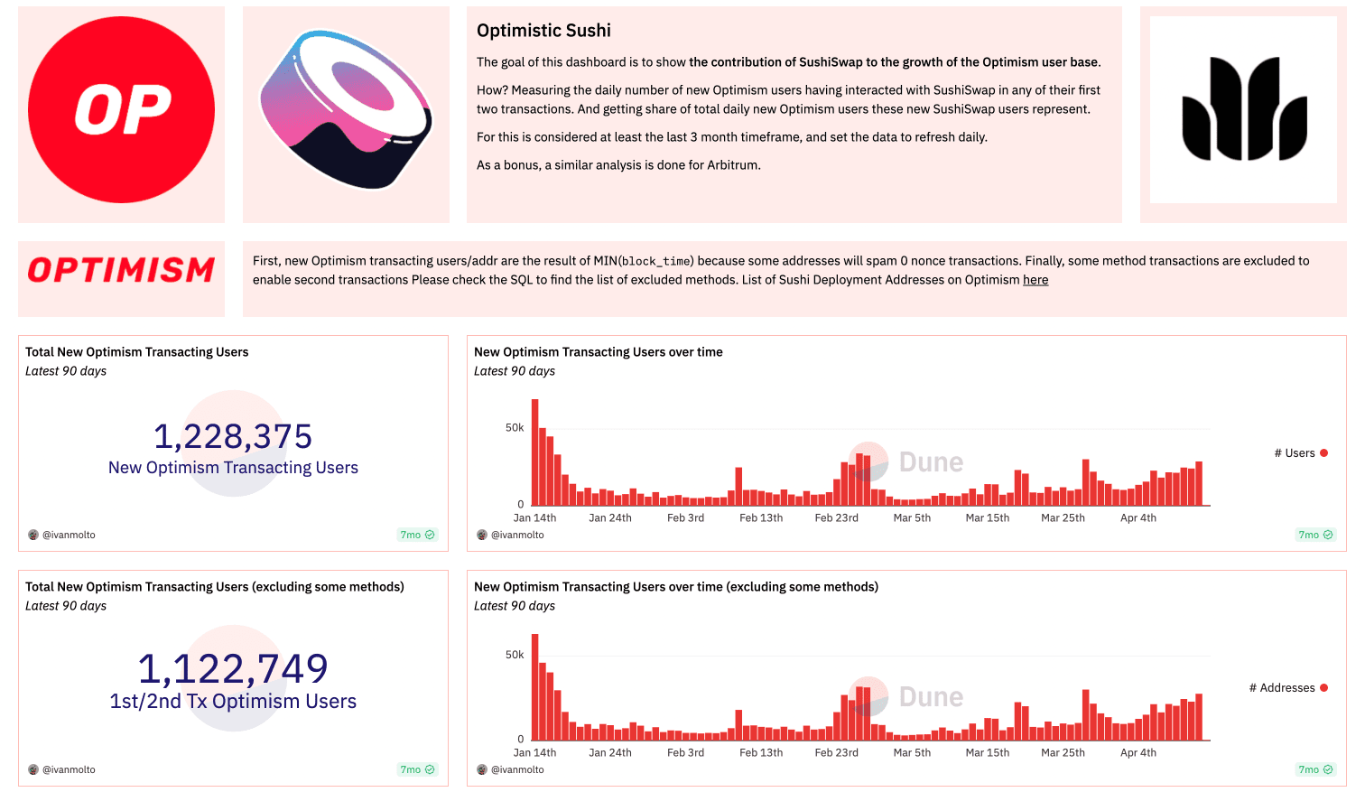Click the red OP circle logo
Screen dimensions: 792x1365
tap(121, 110)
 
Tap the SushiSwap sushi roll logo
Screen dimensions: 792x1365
tap(346, 110)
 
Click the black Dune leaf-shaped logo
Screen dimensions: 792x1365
tap(1243, 109)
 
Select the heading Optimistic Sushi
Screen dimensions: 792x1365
tap(543, 31)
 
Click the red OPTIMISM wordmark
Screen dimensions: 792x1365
tap(121, 270)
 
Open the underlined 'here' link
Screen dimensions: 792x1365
tap(1035, 280)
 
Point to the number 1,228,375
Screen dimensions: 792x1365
tap(233, 436)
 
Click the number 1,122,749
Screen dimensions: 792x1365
tap(233, 669)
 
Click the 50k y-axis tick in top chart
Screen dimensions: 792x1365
tap(515, 428)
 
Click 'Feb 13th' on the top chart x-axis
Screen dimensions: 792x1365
tap(761, 518)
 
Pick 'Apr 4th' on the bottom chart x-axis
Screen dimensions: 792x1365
tap(1137, 753)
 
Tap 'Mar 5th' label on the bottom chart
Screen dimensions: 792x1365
tap(912, 753)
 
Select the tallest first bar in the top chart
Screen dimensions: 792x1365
tap(535, 452)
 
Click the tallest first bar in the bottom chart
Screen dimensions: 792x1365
tap(535, 686)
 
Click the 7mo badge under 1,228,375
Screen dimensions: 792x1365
tap(417, 536)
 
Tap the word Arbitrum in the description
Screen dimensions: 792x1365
tap(734, 165)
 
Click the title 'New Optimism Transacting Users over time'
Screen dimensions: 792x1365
tap(598, 352)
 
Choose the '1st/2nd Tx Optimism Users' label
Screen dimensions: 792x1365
tap(233, 702)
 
